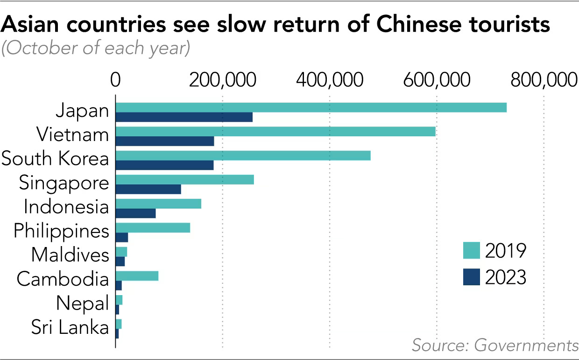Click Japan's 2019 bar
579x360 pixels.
pos(311,107)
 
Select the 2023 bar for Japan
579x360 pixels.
pos(184,117)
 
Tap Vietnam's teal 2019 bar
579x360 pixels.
pos(275,131)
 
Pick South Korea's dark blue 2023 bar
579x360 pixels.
pos(164,165)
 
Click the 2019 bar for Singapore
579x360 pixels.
pos(184,180)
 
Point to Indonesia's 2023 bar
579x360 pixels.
pos(135,213)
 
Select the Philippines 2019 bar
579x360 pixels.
pos(153,228)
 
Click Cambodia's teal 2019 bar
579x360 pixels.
pos(137,276)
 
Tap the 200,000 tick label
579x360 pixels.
pos(222,81)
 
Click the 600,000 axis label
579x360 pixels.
pos(437,81)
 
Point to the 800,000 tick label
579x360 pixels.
pos(544,81)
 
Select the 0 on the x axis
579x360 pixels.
pos(115,81)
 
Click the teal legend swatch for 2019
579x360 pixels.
pos(472,250)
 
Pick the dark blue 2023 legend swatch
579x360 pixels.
pos(472,278)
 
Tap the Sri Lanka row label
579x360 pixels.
pos(70,327)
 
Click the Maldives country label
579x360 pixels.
pos(70,255)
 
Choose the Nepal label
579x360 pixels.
pos(83,304)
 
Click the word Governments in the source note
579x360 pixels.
pos(526,346)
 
